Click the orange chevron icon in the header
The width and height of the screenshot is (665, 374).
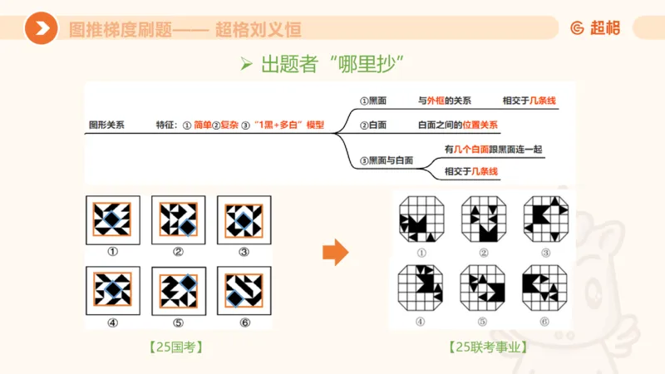click(x=41, y=29)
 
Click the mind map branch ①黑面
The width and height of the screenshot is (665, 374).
click(x=372, y=101)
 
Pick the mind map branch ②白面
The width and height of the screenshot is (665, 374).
click(x=372, y=125)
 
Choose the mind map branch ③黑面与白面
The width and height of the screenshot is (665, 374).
click(x=386, y=160)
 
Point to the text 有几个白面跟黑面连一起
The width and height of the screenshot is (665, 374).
click(x=494, y=150)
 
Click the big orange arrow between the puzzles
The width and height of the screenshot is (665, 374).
click(x=335, y=253)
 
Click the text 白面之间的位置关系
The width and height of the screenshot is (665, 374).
click(x=457, y=125)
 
